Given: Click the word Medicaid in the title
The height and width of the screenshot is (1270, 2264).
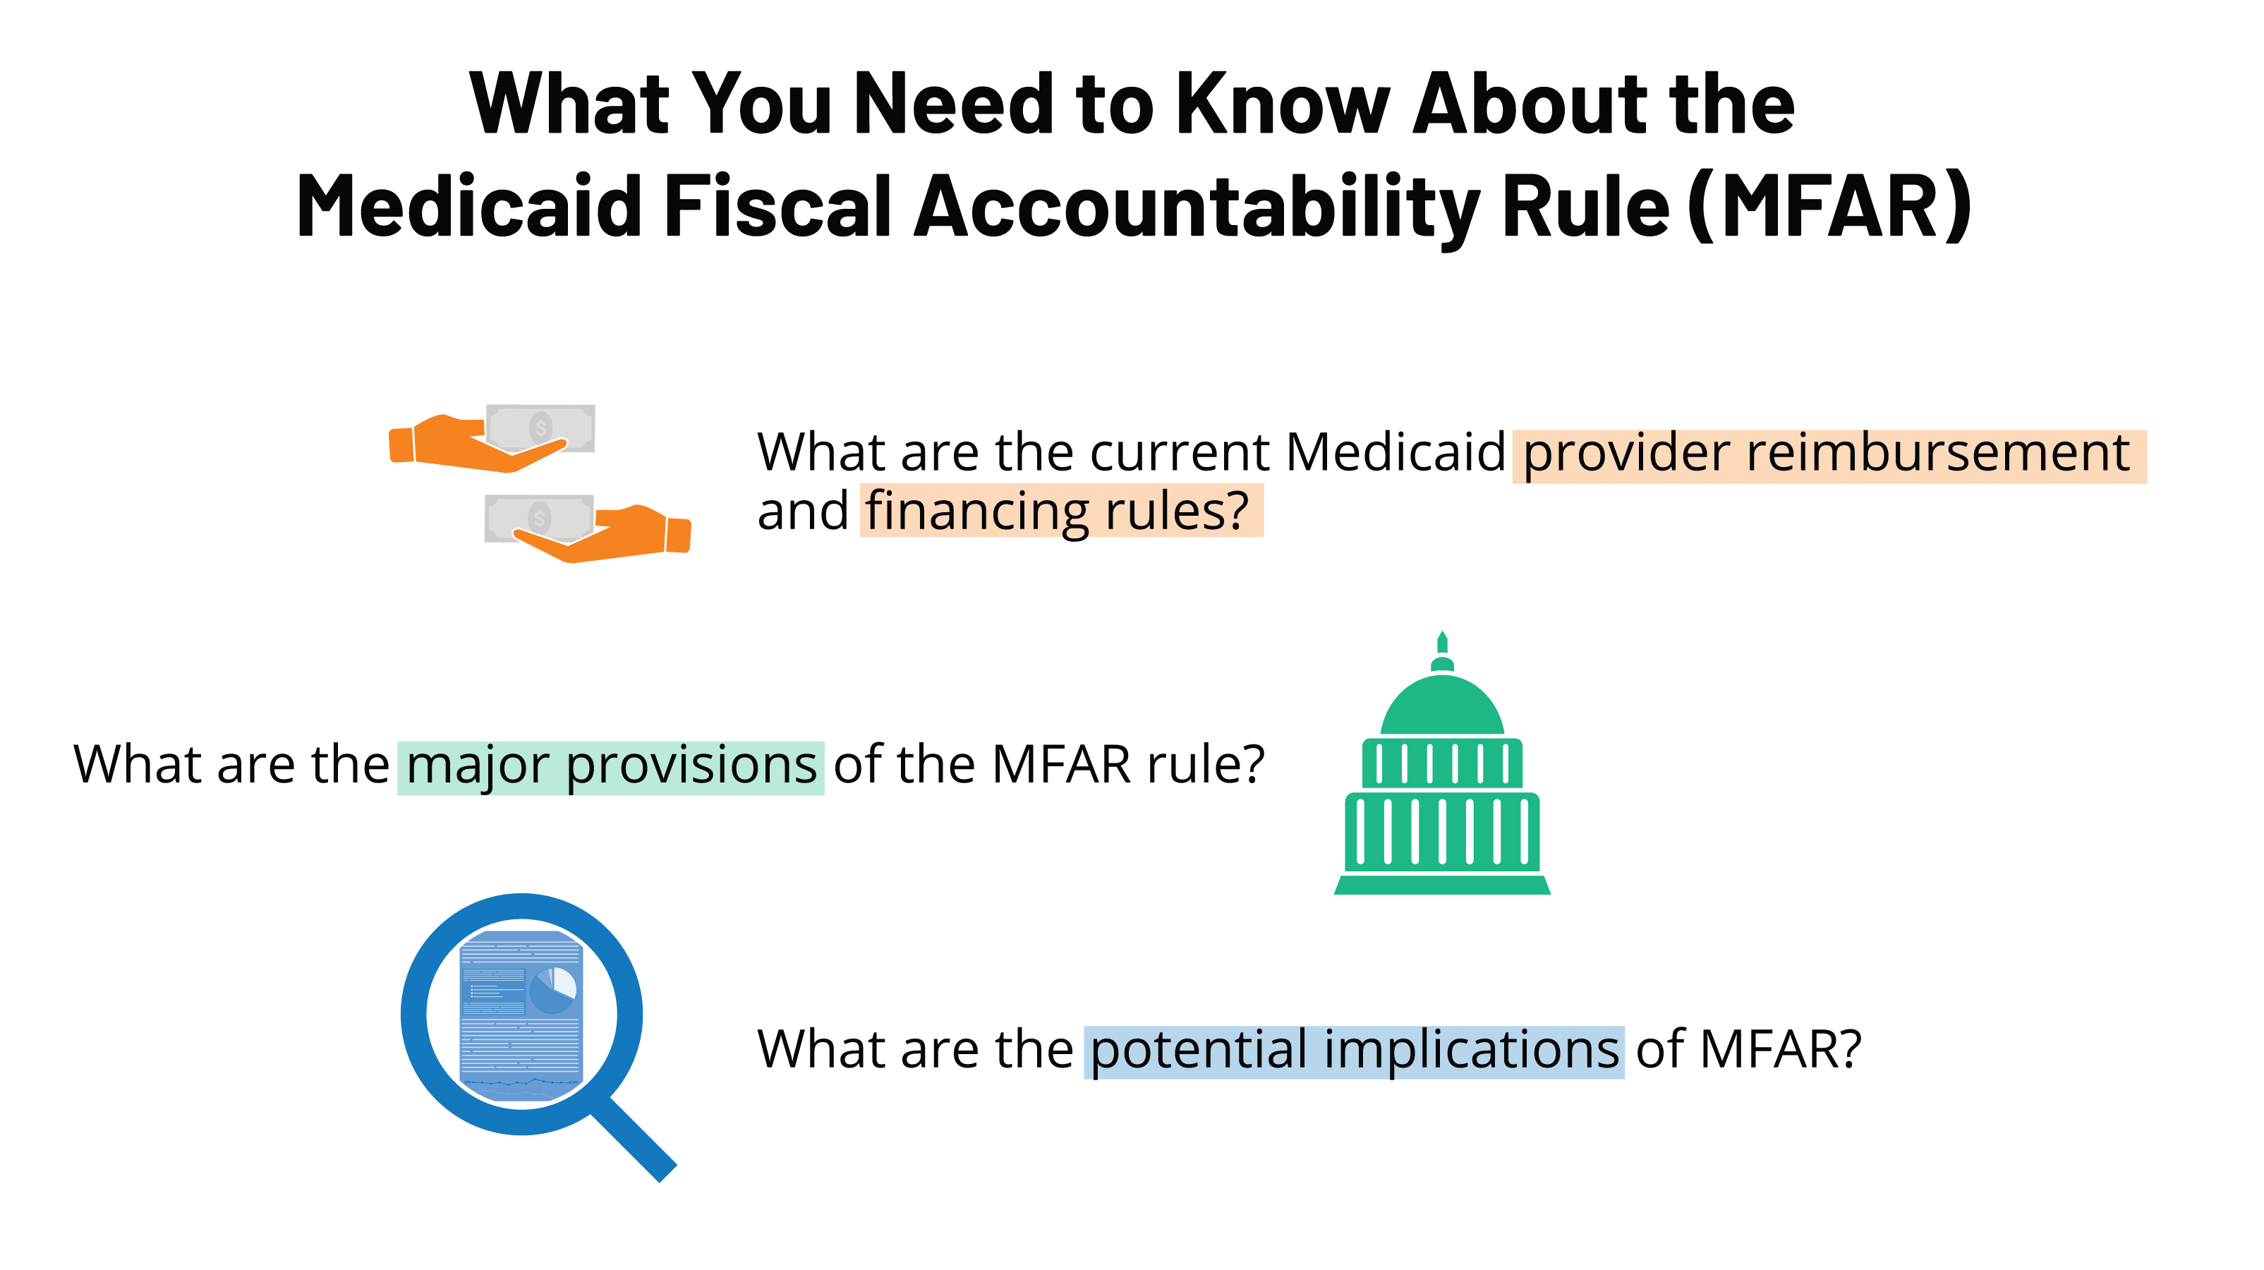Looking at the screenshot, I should tap(468, 207).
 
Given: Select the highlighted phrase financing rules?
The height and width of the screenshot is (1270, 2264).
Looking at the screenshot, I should tap(1060, 512).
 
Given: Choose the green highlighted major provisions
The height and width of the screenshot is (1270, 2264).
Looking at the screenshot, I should tap(611, 766).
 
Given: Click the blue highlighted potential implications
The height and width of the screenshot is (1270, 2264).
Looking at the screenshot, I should tap(1353, 1051).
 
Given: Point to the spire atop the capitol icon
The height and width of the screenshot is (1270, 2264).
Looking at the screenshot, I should tap(1442, 644).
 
